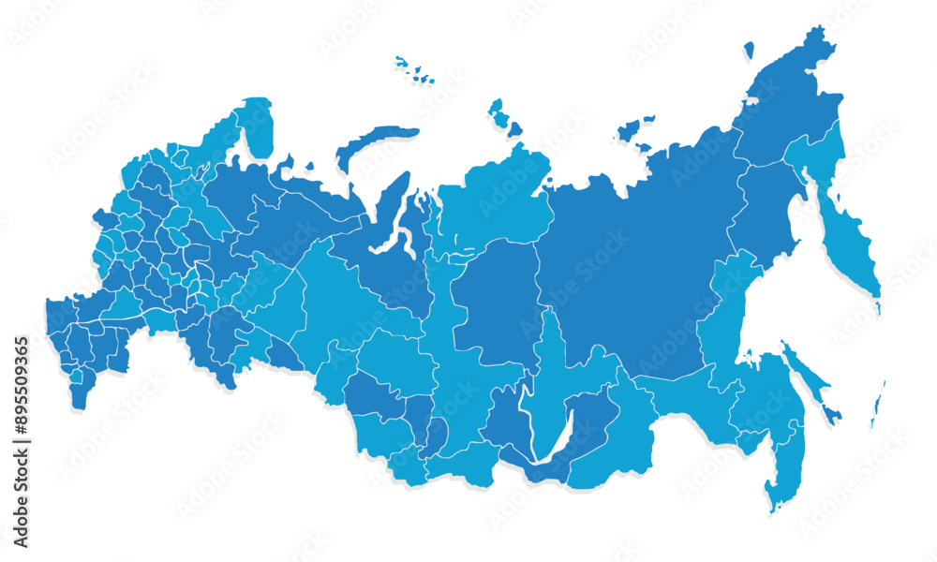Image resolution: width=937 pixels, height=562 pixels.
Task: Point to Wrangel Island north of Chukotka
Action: (x=749, y=51)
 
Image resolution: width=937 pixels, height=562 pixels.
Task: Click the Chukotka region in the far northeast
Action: (x=787, y=94)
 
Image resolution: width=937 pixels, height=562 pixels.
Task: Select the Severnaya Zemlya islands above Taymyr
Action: (x=502, y=117)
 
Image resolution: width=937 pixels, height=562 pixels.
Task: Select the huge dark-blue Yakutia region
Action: (x=637, y=262)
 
